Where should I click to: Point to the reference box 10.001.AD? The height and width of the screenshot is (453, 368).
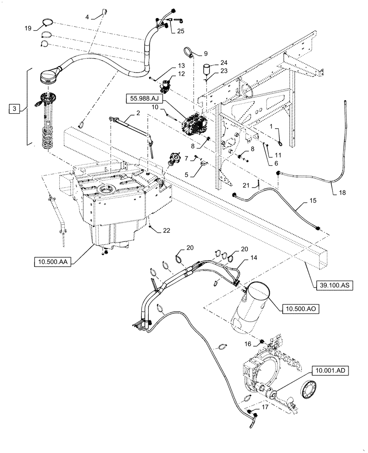pos(330,371)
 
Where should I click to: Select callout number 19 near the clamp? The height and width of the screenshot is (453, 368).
pos(28,29)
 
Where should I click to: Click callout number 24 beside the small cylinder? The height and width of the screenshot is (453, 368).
pos(223,63)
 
